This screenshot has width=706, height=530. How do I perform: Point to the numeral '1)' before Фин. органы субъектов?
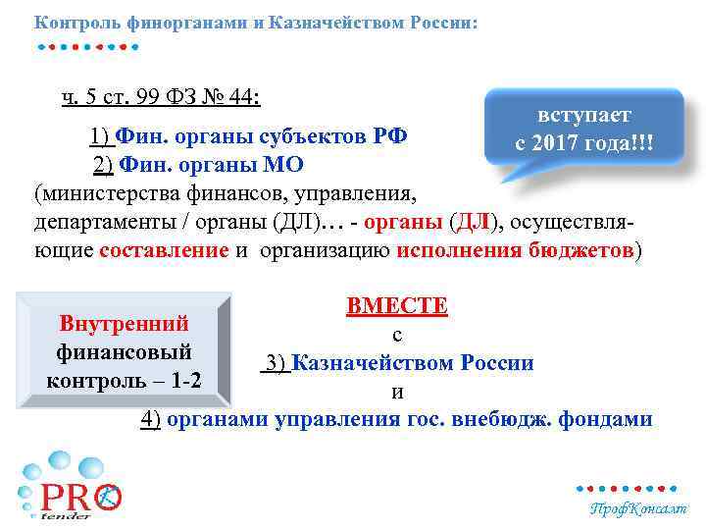coord(99,135)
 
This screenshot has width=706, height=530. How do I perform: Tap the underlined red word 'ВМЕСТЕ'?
coord(397,306)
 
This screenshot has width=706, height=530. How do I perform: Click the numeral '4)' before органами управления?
coord(151,420)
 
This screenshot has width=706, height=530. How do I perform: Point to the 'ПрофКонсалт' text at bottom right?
coord(637,508)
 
